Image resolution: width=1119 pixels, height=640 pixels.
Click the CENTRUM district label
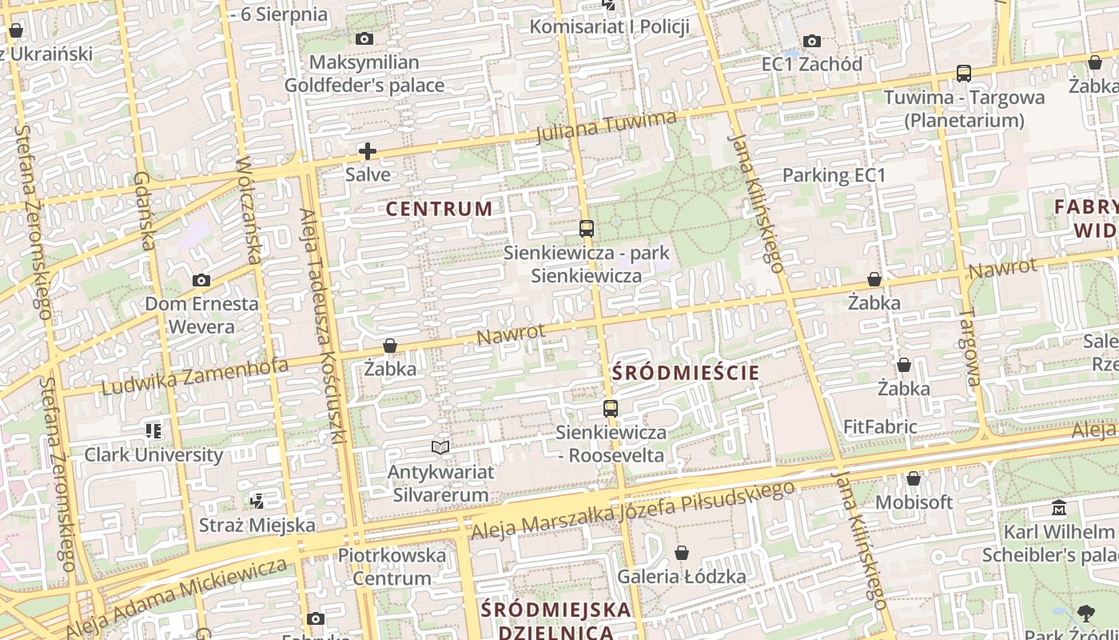(439, 209)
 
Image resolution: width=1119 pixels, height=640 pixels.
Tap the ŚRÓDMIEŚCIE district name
(686, 372)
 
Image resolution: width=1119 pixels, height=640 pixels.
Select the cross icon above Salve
(368, 150)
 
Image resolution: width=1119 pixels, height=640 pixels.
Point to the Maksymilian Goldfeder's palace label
(364, 74)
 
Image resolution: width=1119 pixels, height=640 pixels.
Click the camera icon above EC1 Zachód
(812, 41)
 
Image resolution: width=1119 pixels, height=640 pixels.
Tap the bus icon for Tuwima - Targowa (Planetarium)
(964, 74)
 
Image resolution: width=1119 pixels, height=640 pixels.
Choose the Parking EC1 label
(834, 175)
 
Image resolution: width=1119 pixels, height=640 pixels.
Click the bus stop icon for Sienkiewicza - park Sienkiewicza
(587, 229)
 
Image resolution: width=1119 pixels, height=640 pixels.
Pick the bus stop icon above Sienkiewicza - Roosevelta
(611, 409)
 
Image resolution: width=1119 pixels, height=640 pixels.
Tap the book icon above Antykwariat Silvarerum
(440, 447)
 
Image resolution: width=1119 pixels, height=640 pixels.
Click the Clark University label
(154, 454)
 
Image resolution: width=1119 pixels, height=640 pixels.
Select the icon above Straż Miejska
(257, 502)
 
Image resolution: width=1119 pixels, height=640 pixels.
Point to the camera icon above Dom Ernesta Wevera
(201, 280)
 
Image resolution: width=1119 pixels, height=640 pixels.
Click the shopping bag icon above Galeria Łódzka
(682, 553)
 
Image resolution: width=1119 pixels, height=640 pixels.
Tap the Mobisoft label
(914, 502)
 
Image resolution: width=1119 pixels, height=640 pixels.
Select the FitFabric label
(880, 426)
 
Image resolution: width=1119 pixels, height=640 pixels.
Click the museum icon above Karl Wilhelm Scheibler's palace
(1060, 508)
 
